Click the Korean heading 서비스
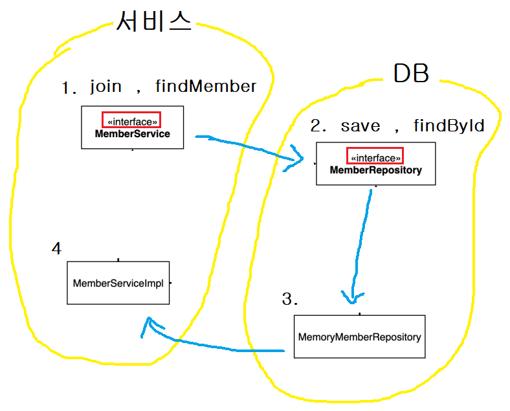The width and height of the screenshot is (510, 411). coord(154,22)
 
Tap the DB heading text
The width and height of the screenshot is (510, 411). coord(411,74)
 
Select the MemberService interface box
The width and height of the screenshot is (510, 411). coord(132,127)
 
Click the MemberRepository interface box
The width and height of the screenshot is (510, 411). coord(375,164)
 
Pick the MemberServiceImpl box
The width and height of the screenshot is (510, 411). coord(118,283)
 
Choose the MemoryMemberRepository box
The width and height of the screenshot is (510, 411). coord(359,337)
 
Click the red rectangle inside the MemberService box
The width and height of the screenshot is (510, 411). coord(131,120)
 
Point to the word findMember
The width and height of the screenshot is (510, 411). coord(206,87)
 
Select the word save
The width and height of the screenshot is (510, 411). coord(360,126)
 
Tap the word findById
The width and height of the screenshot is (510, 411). coord(449,126)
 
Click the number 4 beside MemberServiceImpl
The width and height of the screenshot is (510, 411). coord(57,249)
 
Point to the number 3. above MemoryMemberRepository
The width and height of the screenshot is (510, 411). coord(290,299)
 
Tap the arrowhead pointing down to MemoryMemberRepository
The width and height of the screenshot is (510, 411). coord(351,299)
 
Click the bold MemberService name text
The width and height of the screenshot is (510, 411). coord(132,134)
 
